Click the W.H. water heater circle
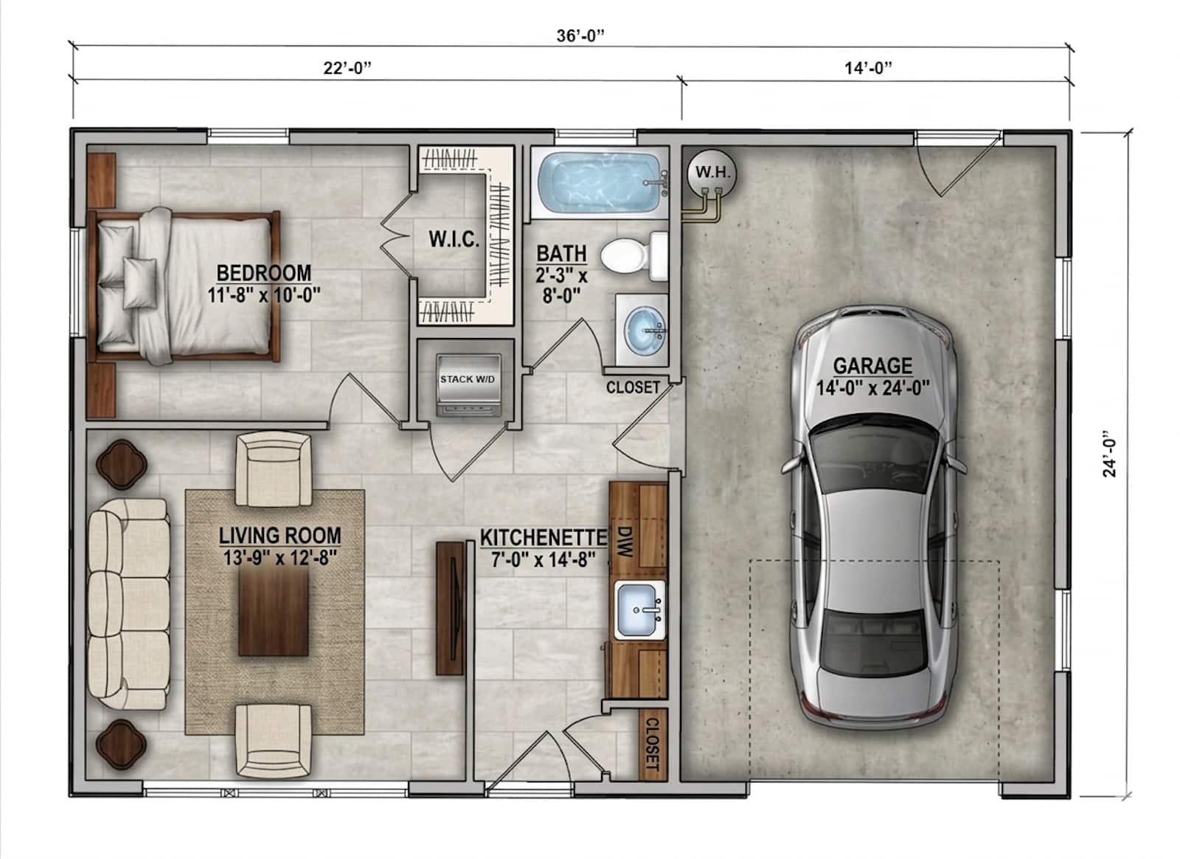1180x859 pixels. point(712,173)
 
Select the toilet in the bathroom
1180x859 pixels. point(634,257)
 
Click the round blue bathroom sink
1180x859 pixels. point(645,331)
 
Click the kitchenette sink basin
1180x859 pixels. point(639,610)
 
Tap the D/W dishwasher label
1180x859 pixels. point(624,542)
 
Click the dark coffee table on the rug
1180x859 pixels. point(273,613)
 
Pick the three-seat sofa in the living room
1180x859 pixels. point(129,604)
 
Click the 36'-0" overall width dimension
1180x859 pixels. point(580,36)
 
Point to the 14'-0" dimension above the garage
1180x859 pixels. point(868,68)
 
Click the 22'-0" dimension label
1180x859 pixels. point(347,68)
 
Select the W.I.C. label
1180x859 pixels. point(454,240)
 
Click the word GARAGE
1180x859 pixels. point(873,366)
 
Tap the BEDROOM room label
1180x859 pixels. point(264,273)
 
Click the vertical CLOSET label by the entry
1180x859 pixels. point(652,744)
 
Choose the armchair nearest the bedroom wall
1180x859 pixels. point(274,469)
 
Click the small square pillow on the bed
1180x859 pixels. point(140,283)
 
